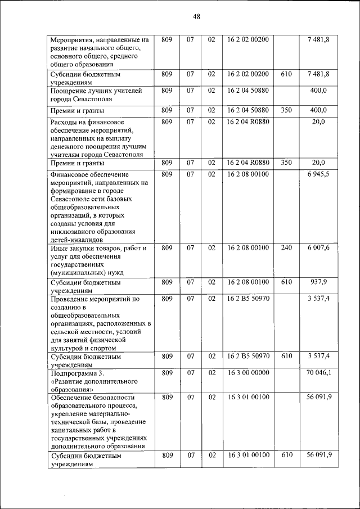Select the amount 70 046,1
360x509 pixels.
pyautogui.click(x=318, y=372)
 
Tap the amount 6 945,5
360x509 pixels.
pyautogui.click(x=318, y=174)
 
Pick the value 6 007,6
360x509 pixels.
pyautogui.click(x=318, y=248)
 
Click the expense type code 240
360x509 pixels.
pyautogui.click(x=286, y=248)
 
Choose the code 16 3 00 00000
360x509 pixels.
pyautogui.click(x=248, y=372)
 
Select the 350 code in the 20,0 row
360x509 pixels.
pyautogui.click(x=286, y=163)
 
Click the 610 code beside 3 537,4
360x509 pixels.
pyautogui.click(x=286, y=356)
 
